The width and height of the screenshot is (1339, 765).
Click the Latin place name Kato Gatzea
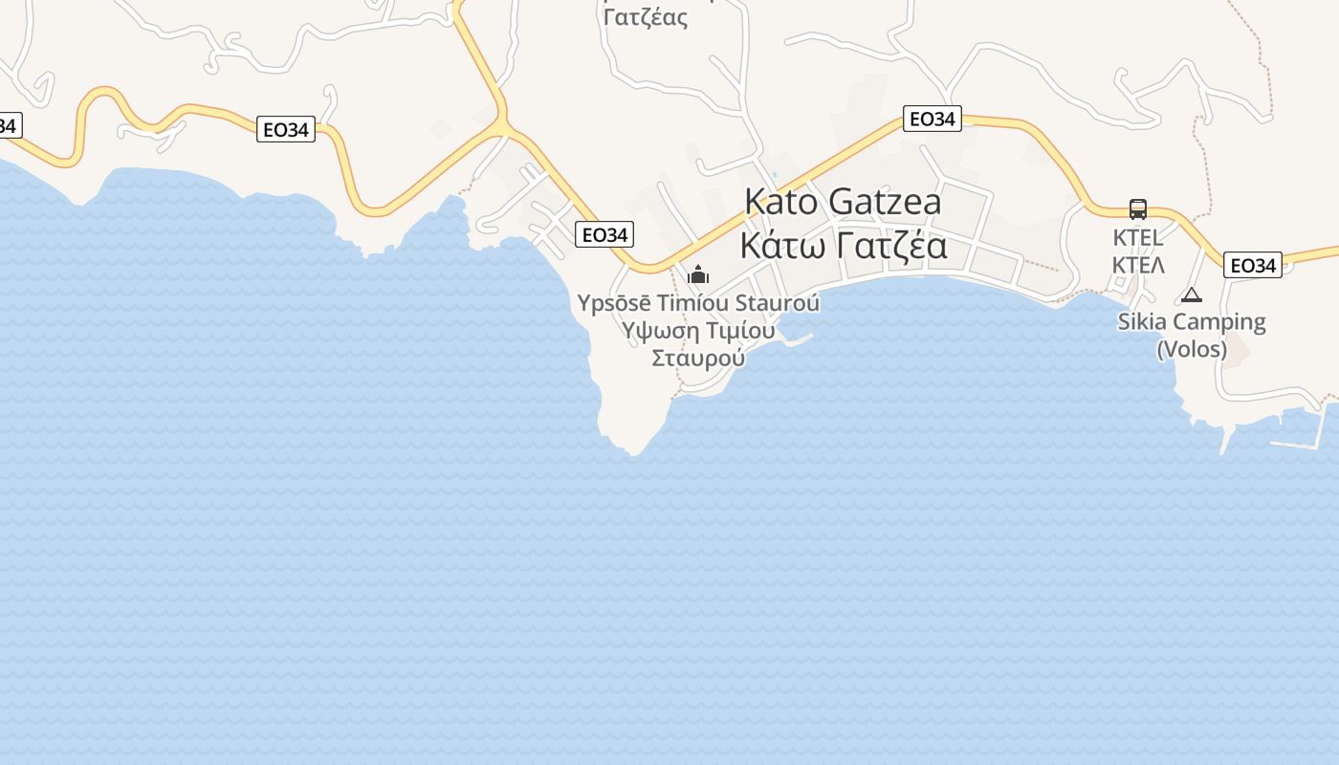pos(843,202)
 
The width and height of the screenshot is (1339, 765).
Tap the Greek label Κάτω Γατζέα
pos(843,246)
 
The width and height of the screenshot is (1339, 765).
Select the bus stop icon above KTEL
pos(1137,209)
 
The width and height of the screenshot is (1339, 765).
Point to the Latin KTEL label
pos(1137,237)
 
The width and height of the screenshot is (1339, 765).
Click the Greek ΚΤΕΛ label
pos(1137,264)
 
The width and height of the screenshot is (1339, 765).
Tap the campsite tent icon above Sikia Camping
pos(1191,295)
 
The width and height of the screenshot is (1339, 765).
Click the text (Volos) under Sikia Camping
pos(1192,349)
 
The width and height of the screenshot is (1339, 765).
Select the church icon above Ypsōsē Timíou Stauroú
pos(698,275)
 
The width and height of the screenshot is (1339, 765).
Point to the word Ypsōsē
pos(614,303)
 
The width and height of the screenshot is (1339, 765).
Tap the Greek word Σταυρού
pos(698,358)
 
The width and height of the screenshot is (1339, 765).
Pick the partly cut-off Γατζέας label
pos(647,16)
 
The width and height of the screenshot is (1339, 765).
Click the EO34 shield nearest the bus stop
pos(1252,265)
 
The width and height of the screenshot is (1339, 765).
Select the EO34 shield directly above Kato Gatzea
pos(932,119)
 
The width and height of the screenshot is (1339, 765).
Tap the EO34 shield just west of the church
pos(604,234)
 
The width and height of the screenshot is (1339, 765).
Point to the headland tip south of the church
pos(632,449)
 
